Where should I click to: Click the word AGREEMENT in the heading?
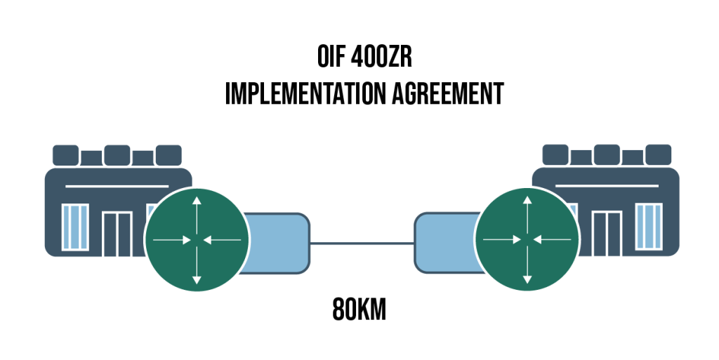[x=448, y=94]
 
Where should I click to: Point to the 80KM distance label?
[x=359, y=309]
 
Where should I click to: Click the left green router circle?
[x=197, y=239]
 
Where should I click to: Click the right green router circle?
[x=527, y=239]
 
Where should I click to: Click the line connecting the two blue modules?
[x=362, y=244]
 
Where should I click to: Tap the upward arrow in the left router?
[x=197, y=215]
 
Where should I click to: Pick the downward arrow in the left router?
[x=197, y=265]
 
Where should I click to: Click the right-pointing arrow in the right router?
[x=502, y=239]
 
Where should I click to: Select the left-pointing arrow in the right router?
[x=552, y=239]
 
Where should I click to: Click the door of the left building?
[x=117, y=234]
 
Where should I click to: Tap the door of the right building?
[x=607, y=234]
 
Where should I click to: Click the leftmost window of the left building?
[x=75, y=227]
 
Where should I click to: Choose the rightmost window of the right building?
[x=649, y=227]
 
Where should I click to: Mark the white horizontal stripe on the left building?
[x=117, y=187]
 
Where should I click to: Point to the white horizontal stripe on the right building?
[x=607, y=186]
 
